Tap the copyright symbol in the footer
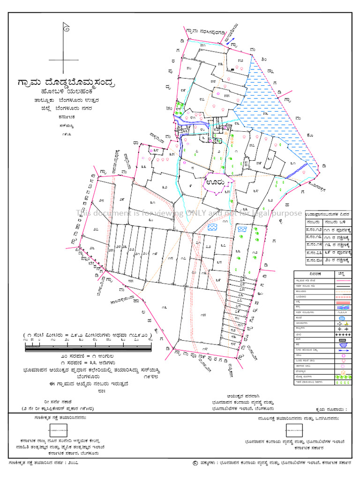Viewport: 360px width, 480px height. [x=195, y=463]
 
